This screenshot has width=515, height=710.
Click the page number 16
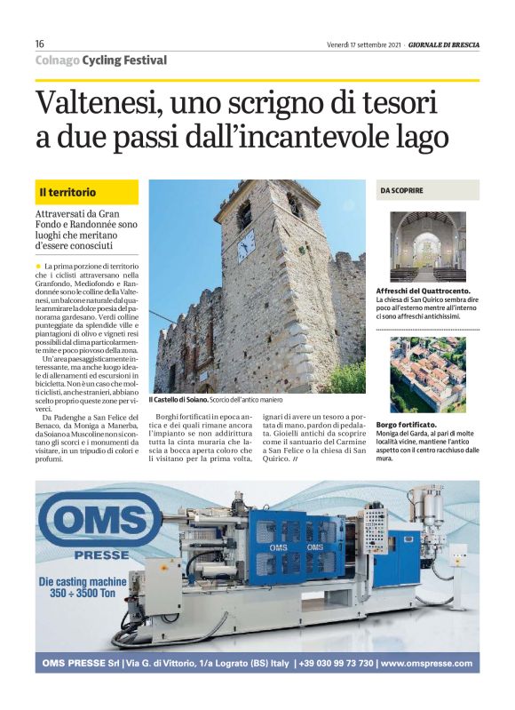pos(41,44)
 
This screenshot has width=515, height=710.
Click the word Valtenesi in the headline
pos(98,106)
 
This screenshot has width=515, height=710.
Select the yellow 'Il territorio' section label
pos(87,192)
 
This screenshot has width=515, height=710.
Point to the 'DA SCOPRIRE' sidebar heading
pos(402,190)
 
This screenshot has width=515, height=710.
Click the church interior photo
pos(428,246)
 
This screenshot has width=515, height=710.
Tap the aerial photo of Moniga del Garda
pos(428,374)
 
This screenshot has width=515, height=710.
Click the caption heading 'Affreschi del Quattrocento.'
pos(424,291)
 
